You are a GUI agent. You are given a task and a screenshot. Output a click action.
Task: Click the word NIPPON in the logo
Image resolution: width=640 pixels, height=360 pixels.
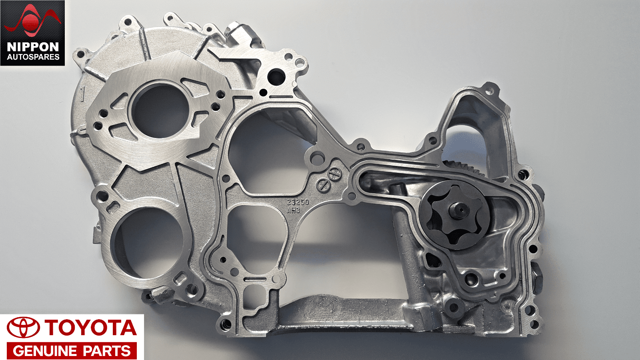(x=33, y=47)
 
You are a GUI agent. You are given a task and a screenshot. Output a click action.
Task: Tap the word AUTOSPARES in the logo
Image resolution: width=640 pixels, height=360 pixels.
(x=33, y=57)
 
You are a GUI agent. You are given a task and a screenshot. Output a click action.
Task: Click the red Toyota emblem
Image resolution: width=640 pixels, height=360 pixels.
(x=23, y=328)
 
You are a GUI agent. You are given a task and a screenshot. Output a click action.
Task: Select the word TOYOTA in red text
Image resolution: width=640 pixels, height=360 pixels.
(x=90, y=328)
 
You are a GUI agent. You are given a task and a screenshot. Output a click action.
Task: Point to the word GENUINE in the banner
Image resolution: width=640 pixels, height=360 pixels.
(x=45, y=351)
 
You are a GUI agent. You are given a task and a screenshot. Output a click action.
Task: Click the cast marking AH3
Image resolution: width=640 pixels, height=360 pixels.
(x=294, y=210)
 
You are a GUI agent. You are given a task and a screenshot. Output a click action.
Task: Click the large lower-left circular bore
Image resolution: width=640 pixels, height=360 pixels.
(x=147, y=242)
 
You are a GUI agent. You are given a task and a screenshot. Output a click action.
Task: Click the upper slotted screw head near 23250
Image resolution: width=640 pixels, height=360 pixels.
(x=334, y=173)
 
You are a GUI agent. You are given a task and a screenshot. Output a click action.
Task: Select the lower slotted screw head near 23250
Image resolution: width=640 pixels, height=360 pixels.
(x=323, y=185)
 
